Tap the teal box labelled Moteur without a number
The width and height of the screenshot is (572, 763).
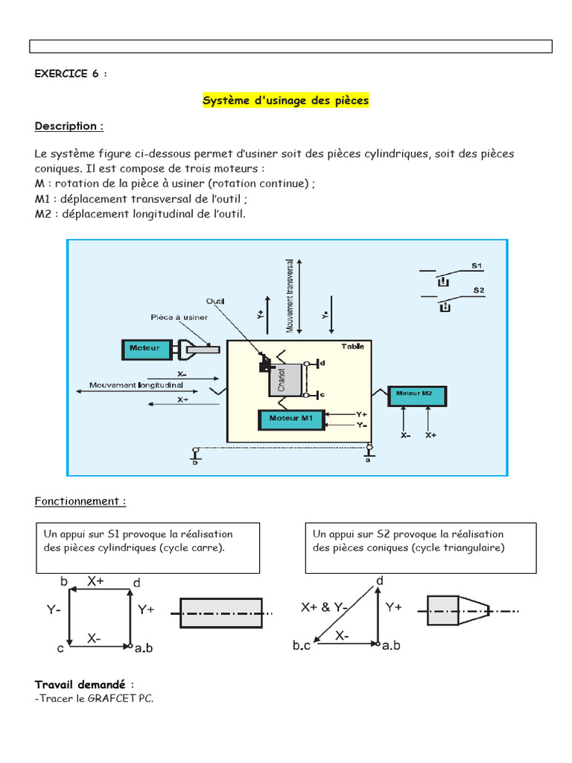(x=145, y=348)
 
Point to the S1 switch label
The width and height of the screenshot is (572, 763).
(x=477, y=266)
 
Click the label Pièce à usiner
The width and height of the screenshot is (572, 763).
(x=179, y=317)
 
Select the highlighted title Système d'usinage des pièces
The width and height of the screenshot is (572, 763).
(x=286, y=100)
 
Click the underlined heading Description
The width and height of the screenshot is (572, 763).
(x=69, y=126)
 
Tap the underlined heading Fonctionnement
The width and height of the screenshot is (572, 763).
(x=80, y=501)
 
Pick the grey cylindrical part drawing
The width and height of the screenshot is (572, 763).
(x=221, y=612)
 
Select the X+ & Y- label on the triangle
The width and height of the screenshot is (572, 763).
(x=325, y=607)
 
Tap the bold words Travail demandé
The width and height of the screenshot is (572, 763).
(x=81, y=684)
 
